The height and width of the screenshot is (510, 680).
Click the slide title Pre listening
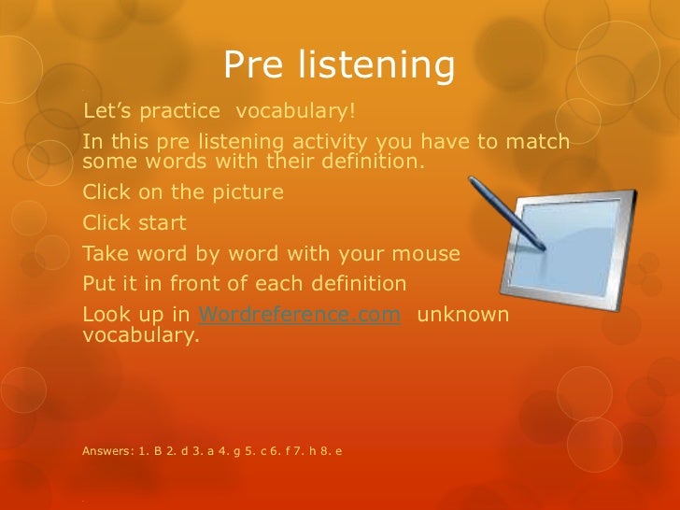pyautogui.click(x=339, y=65)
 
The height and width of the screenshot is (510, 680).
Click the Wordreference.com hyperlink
pyautogui.click(x=301, y=315)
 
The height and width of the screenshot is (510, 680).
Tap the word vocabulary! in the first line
pyautogui.click(x=295, y=112)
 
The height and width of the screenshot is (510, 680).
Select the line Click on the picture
pyautogui.click(x=183, y=193)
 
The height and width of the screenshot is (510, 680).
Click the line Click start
pyautogui.click(x=135, y=223)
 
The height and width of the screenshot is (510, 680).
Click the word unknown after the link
pyautogui.click(x=462, y=315)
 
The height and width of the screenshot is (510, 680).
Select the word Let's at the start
pyautogui.click(x=107, y=112)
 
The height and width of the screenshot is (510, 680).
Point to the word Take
pyautogui.click(x=104, y=253)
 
